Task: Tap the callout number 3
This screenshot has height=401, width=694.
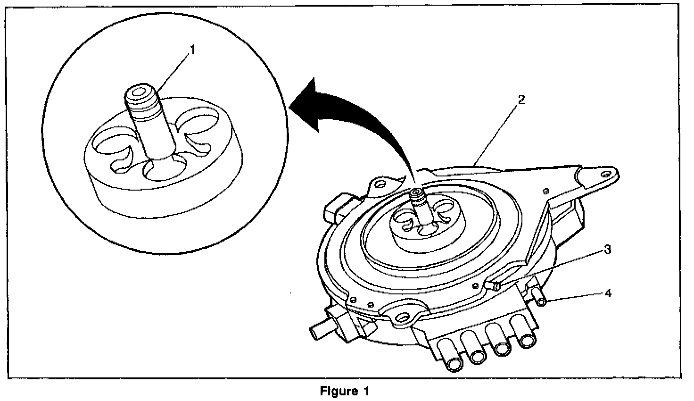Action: pyautogui.click(x=608, y=250)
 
